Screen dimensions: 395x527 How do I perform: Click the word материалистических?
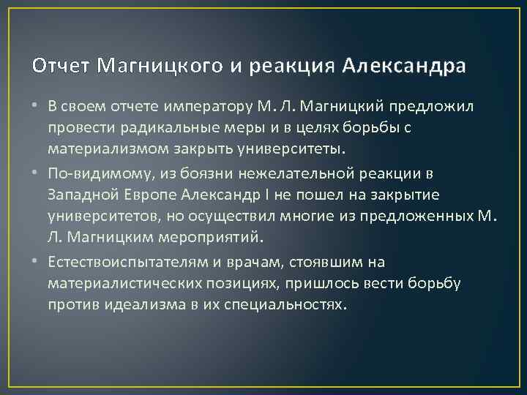118,283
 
